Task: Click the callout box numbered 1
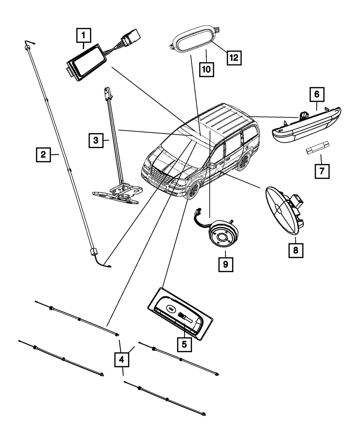pos(84,35)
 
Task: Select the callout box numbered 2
pos(43,155)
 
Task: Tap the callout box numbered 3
pos(96,140)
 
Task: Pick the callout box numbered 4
pos(122,360)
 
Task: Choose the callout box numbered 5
pos(184,344)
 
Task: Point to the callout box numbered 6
pos(317,94)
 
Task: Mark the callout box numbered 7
pos(322,171)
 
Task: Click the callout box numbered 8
pos(296,250)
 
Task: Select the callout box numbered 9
pos(226,265)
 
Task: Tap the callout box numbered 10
pos(206,69)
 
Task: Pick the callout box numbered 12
pos(234,58)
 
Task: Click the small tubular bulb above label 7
pos(318,147)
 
